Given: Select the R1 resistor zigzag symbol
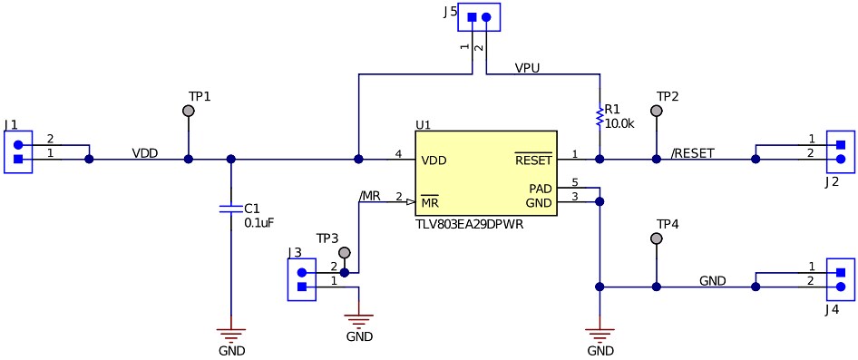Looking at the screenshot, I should [x=599, y=117].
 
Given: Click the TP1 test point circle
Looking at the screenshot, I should [x=189, y=111].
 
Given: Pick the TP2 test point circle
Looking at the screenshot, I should [x=657, y=111].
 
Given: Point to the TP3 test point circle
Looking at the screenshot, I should [x=344, y=253].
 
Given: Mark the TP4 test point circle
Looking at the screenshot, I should [x=657, y=238].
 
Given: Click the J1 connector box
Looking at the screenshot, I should [x=18, y=152].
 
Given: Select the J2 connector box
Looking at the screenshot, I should [x=840, y=152].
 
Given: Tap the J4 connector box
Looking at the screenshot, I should [x=840, y=279].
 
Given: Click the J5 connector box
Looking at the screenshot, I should [x=479, y=17].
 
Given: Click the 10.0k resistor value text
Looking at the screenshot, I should [x=619, y=122].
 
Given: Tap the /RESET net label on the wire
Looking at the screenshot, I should [x=692, y=152].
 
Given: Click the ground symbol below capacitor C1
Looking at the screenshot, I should [x=230, y=334].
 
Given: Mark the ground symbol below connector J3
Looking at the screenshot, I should [x=360, y=320].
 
